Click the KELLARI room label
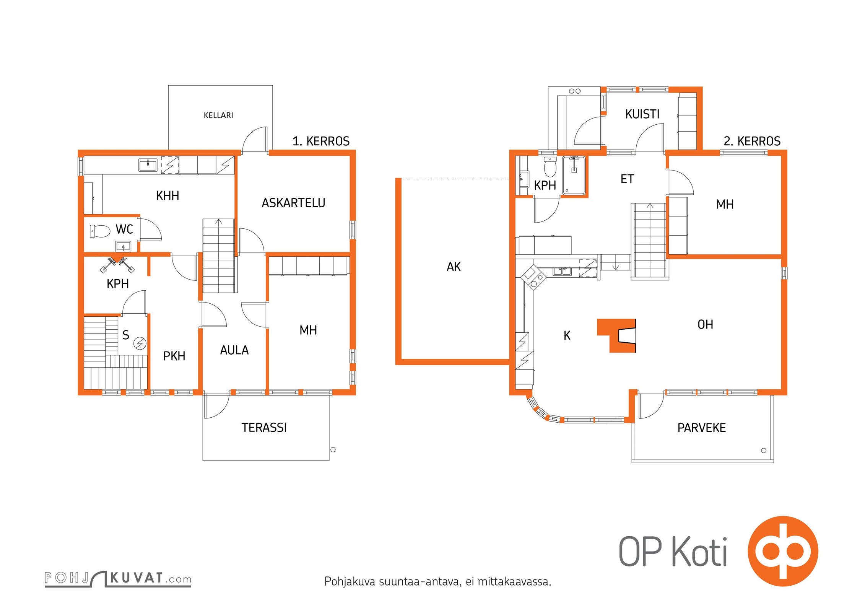218,115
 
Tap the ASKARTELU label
293,203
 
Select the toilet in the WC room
100,231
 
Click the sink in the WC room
123,246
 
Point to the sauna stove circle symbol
140,343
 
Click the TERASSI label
264,427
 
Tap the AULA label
234,350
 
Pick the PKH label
174,356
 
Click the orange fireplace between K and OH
616,335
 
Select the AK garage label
454,267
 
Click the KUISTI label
642,114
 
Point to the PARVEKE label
702,428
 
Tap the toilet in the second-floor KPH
550,167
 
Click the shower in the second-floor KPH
574,176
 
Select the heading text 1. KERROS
321,141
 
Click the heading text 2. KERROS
752,141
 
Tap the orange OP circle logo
783,551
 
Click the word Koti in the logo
699,552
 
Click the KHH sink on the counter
148,165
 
